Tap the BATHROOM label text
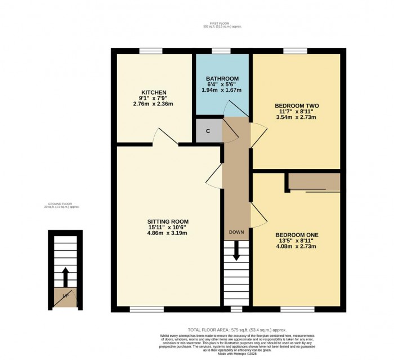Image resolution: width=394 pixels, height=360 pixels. tap(222, 78)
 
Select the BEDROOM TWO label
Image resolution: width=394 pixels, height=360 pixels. tap(295, 105)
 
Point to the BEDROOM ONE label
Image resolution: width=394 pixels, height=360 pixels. tap(297, 234)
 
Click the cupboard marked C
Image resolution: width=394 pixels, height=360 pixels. tap(208, 131)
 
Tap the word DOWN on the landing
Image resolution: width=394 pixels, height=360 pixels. tap(236, 232)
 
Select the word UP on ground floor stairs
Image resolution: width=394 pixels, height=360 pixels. tap(65, 295)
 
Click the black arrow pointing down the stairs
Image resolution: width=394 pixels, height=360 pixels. tap(236, 251)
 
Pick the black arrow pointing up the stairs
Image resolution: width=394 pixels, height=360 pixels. tap(65, 277)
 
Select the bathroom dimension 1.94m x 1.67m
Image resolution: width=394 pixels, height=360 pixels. tap(222, 90)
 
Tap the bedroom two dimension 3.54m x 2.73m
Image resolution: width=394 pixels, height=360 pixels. tap(295, 117)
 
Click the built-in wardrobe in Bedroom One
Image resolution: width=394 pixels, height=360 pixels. tap(314, 183)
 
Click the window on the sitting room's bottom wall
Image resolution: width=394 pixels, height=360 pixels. tap(147, 309)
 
